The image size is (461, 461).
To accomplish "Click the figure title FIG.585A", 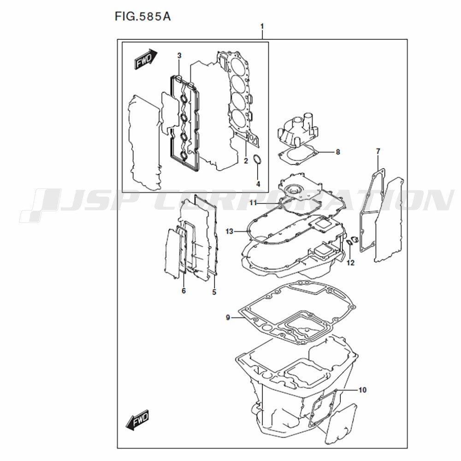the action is coord(142,17).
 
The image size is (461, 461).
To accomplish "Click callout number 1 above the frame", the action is coord(262,26).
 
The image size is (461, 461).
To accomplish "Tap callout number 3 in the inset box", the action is coord(179,55).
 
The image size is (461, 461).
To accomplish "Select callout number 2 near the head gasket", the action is coord(246,161).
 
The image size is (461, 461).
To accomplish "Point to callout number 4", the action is coord(258,184).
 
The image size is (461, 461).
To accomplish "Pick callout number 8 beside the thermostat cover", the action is coord(338,152).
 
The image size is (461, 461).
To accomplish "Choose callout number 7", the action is coord(378,151).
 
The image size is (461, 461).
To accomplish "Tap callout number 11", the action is coord(254,202).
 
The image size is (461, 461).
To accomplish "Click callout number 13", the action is coord(229,231).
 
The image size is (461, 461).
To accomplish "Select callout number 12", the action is coord(350,263).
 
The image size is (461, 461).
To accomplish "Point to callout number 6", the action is coord(184,291).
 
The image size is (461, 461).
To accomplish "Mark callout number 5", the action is coord(214,292).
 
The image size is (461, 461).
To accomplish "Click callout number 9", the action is coord(228,318).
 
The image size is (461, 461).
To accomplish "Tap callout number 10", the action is coord(362,390).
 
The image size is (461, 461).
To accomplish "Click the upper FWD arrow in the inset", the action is coord(146,59).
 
